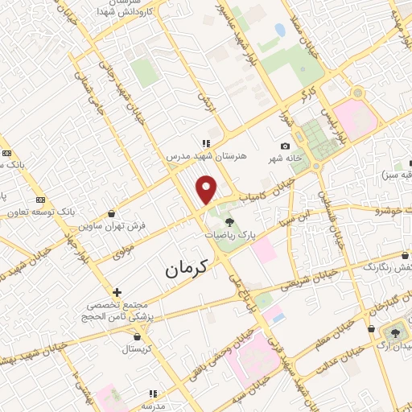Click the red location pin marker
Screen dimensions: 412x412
208,189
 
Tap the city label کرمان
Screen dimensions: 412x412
187,270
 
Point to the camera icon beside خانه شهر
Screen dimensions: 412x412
285,146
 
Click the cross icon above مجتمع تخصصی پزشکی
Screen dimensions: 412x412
117,291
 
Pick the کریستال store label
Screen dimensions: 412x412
139,349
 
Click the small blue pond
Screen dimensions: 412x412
280,30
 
